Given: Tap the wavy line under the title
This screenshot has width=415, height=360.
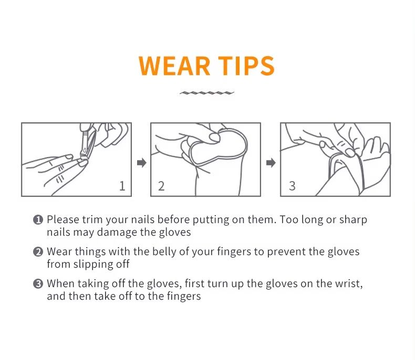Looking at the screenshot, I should pos(207,93).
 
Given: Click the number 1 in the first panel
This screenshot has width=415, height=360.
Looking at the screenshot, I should pos(122,186).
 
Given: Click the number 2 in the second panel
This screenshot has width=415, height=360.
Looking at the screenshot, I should pos(161,186).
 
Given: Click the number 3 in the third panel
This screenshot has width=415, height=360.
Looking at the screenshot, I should pos(292,186).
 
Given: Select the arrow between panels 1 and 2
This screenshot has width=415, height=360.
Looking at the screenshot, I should pos(141,163).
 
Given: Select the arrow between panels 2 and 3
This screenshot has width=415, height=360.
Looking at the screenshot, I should pos(271,163).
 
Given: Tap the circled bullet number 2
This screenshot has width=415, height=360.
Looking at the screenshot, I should pos(38,252).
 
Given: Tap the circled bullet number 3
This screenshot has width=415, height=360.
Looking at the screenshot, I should pos(38,284).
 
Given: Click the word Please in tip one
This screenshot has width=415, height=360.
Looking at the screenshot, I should pos(62,220).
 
